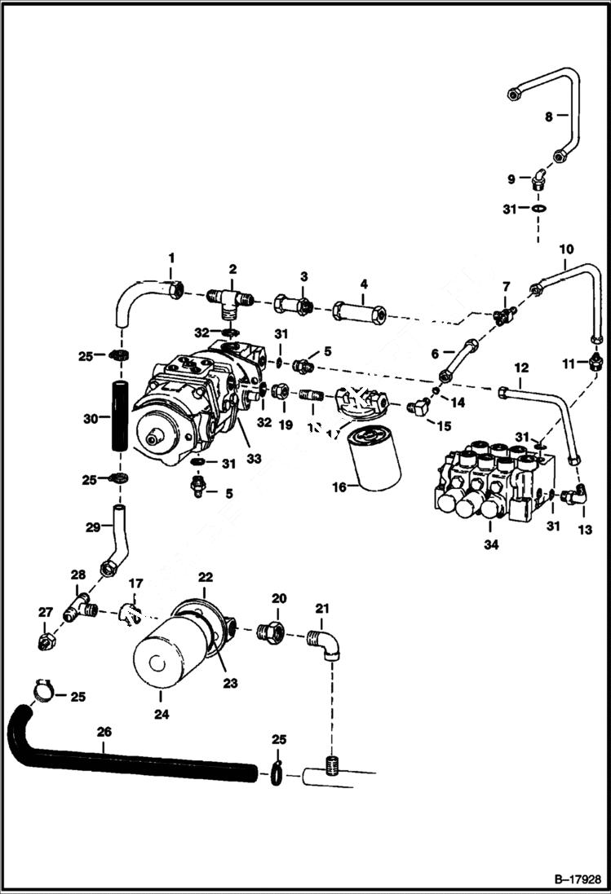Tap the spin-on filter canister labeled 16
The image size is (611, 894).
coord(373,460)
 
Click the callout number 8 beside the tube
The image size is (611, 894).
coord(549,117)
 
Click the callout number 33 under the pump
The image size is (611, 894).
coord(254,459)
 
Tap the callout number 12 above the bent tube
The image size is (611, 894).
coord(521,368)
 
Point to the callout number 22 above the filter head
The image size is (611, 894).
coord(205,577)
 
